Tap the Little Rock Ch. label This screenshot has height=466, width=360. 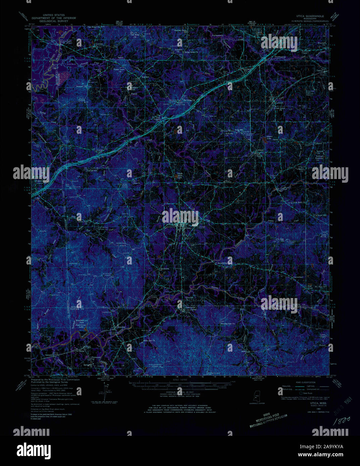[299, 202]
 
